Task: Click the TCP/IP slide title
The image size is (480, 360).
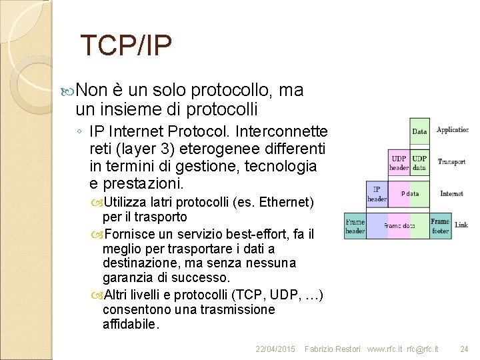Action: (x=125, y=45)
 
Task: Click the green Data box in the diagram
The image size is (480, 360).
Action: (x=419, y=131)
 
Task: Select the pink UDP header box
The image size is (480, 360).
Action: (x=399, y=163)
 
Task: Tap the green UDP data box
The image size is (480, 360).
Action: (x=419, y=163)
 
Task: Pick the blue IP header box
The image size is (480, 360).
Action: (x=377, y=194)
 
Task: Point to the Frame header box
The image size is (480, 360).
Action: (x=355, y=226)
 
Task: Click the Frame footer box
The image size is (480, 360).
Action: (x=440, y=225)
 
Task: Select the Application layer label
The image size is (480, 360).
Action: (x=453, y=130)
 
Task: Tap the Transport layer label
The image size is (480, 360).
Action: (x=451, y=161)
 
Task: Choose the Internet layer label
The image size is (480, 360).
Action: (x=451, y=193)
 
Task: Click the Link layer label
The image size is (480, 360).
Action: (x=461, y=225)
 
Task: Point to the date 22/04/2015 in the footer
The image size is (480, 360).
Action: (x=275, y=349)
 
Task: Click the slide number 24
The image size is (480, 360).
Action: (x=465, y=349)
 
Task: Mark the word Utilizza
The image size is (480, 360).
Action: (x=126, y=202)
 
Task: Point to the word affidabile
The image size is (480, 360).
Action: (x=131, y=325)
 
